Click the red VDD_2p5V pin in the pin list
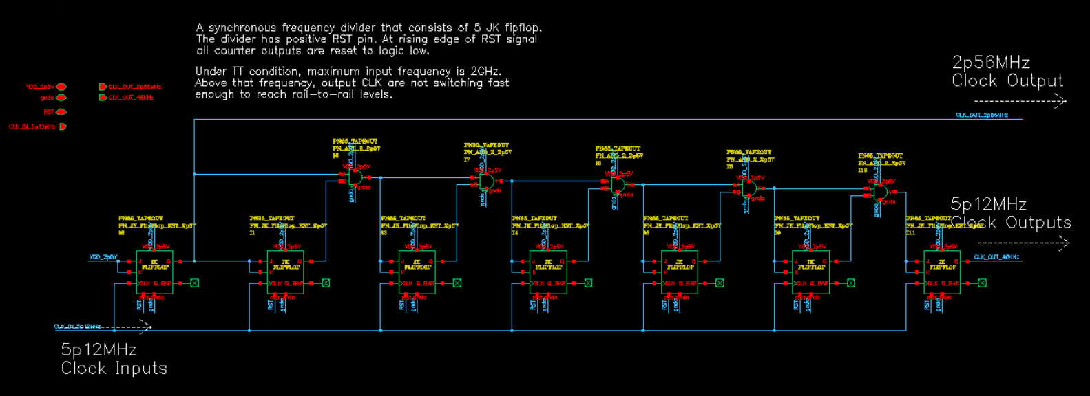click(x=61, y=87)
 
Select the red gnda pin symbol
click(x=61, y=98)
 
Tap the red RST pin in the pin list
click(x=61, y=112)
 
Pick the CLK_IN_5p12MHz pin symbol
click(x=63, y=126)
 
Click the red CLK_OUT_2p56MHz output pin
click(x=103, y=87)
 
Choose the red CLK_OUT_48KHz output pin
click(x=103, y=98)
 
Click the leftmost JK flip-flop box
click(x=155, y=272)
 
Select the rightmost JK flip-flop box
click(x=942, y=272)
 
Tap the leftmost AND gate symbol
click(x=355, y=177)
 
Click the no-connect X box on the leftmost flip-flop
click(x=195, y=283)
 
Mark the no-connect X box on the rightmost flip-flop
click(x=982, y=283)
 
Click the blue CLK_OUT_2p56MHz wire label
click(x=981, y=115)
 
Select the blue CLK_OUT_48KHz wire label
click(x=996, y=257)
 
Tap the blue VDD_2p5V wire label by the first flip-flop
click(x=103, y=257)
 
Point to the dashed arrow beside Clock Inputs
click(x=124, y=327)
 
